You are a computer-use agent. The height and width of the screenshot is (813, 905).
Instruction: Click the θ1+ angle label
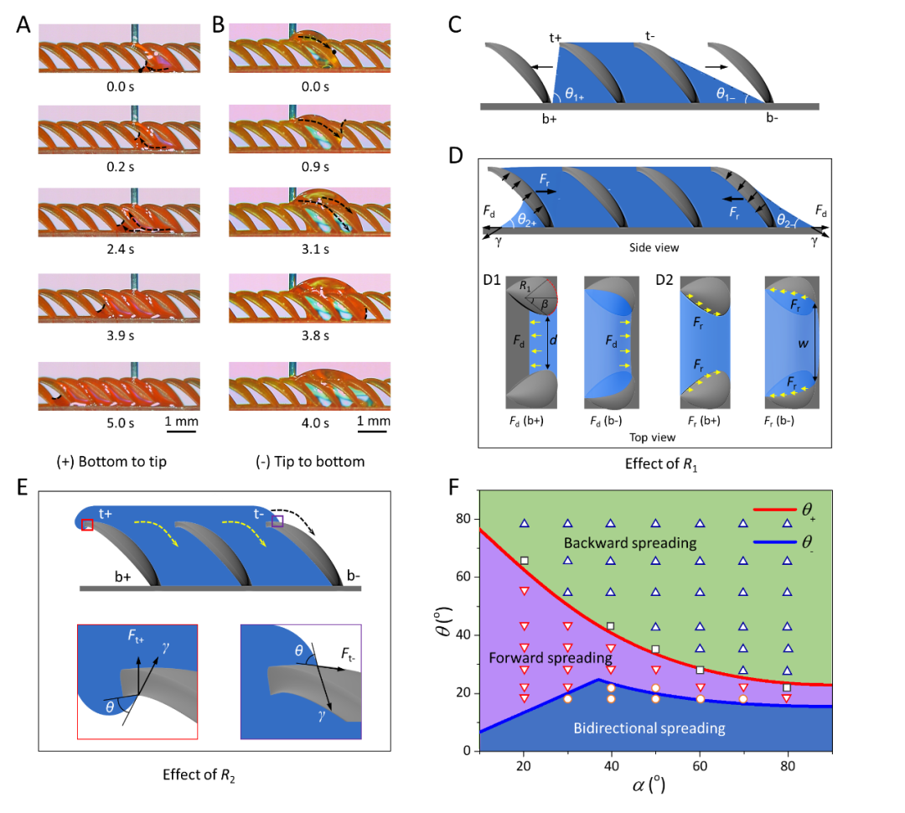click(x=574, y=95)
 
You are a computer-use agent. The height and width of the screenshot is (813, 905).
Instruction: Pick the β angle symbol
click(x=545, y=303)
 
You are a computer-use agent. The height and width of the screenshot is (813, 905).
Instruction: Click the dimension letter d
click(x=552, y=341)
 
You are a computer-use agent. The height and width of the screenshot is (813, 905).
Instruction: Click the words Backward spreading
click(x=629, y=542)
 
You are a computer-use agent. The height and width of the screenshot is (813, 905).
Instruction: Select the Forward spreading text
click(x=550, y=658)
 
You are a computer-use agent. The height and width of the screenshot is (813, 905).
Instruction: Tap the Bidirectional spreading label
click(x=649, y=728)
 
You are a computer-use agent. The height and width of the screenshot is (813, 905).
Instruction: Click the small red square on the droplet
click(x=87, y=525)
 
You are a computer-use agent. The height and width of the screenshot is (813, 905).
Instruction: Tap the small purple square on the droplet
click(x=277, y=520)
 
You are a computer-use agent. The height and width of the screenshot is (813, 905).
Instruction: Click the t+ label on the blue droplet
click(x=106, y=514)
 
